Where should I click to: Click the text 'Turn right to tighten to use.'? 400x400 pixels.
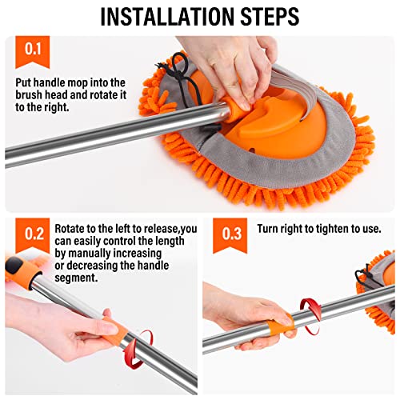point(318,228)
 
